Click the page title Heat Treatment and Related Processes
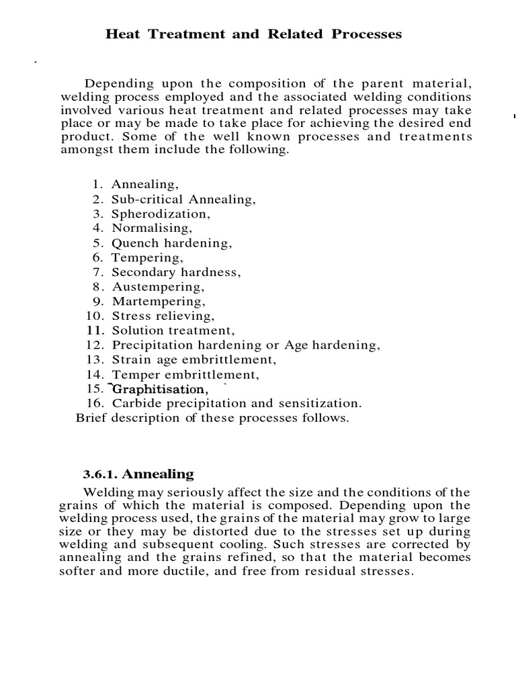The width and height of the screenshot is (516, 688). [253, 34]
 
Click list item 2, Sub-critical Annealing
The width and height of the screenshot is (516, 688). [183, 200]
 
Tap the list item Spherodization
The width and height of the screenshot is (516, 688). [161, 214]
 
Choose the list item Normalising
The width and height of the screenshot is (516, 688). [151, 228]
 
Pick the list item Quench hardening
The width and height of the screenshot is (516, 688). [171, 243]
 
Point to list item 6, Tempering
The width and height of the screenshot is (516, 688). [146, 258]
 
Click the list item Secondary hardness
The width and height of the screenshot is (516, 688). [176, 273]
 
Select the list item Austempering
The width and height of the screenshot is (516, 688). [158, 287]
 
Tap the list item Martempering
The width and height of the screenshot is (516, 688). [159, 302]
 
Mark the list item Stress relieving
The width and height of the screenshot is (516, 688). [163, 316]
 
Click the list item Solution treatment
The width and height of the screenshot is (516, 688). [173, 331]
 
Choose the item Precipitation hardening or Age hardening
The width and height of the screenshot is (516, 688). [246, 345]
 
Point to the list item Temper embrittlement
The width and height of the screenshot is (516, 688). [185, 375]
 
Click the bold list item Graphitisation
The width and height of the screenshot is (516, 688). [159, 390]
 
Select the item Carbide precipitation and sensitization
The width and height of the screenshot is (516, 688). [236, 404]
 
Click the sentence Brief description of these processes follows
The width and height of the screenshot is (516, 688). [212, 418]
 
